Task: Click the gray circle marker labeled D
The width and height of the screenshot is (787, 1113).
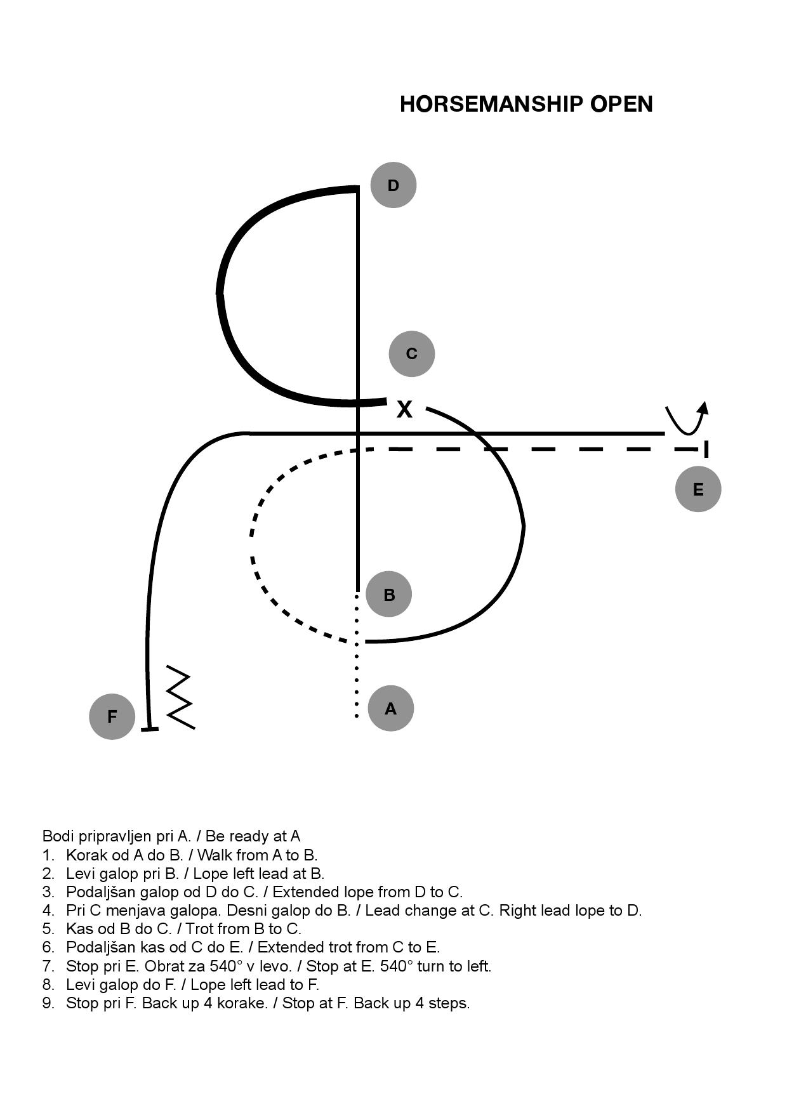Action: [x=393, y=185]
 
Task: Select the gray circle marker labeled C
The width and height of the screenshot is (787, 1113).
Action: [x=412, y=353]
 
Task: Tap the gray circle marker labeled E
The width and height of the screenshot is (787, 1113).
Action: [x=698, y=489]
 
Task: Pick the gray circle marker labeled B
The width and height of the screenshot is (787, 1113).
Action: [x=389, y=595]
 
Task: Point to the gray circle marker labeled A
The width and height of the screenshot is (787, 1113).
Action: [x=391, y=708]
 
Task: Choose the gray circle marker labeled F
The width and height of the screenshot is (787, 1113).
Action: [x=112, y=716]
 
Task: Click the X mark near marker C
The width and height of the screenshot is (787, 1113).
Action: [x=404, y=409]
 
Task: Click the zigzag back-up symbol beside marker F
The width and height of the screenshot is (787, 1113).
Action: [x=180, y=697]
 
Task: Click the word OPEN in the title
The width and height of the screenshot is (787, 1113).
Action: [x=621, y=104]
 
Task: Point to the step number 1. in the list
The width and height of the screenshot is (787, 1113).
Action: [x=48, y=855]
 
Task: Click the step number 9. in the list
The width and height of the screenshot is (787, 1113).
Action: [x=48, y=1003]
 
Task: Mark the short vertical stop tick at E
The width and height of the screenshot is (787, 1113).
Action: [x=706, y=449]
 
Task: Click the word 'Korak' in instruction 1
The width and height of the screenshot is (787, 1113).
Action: [x=84, y=855]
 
